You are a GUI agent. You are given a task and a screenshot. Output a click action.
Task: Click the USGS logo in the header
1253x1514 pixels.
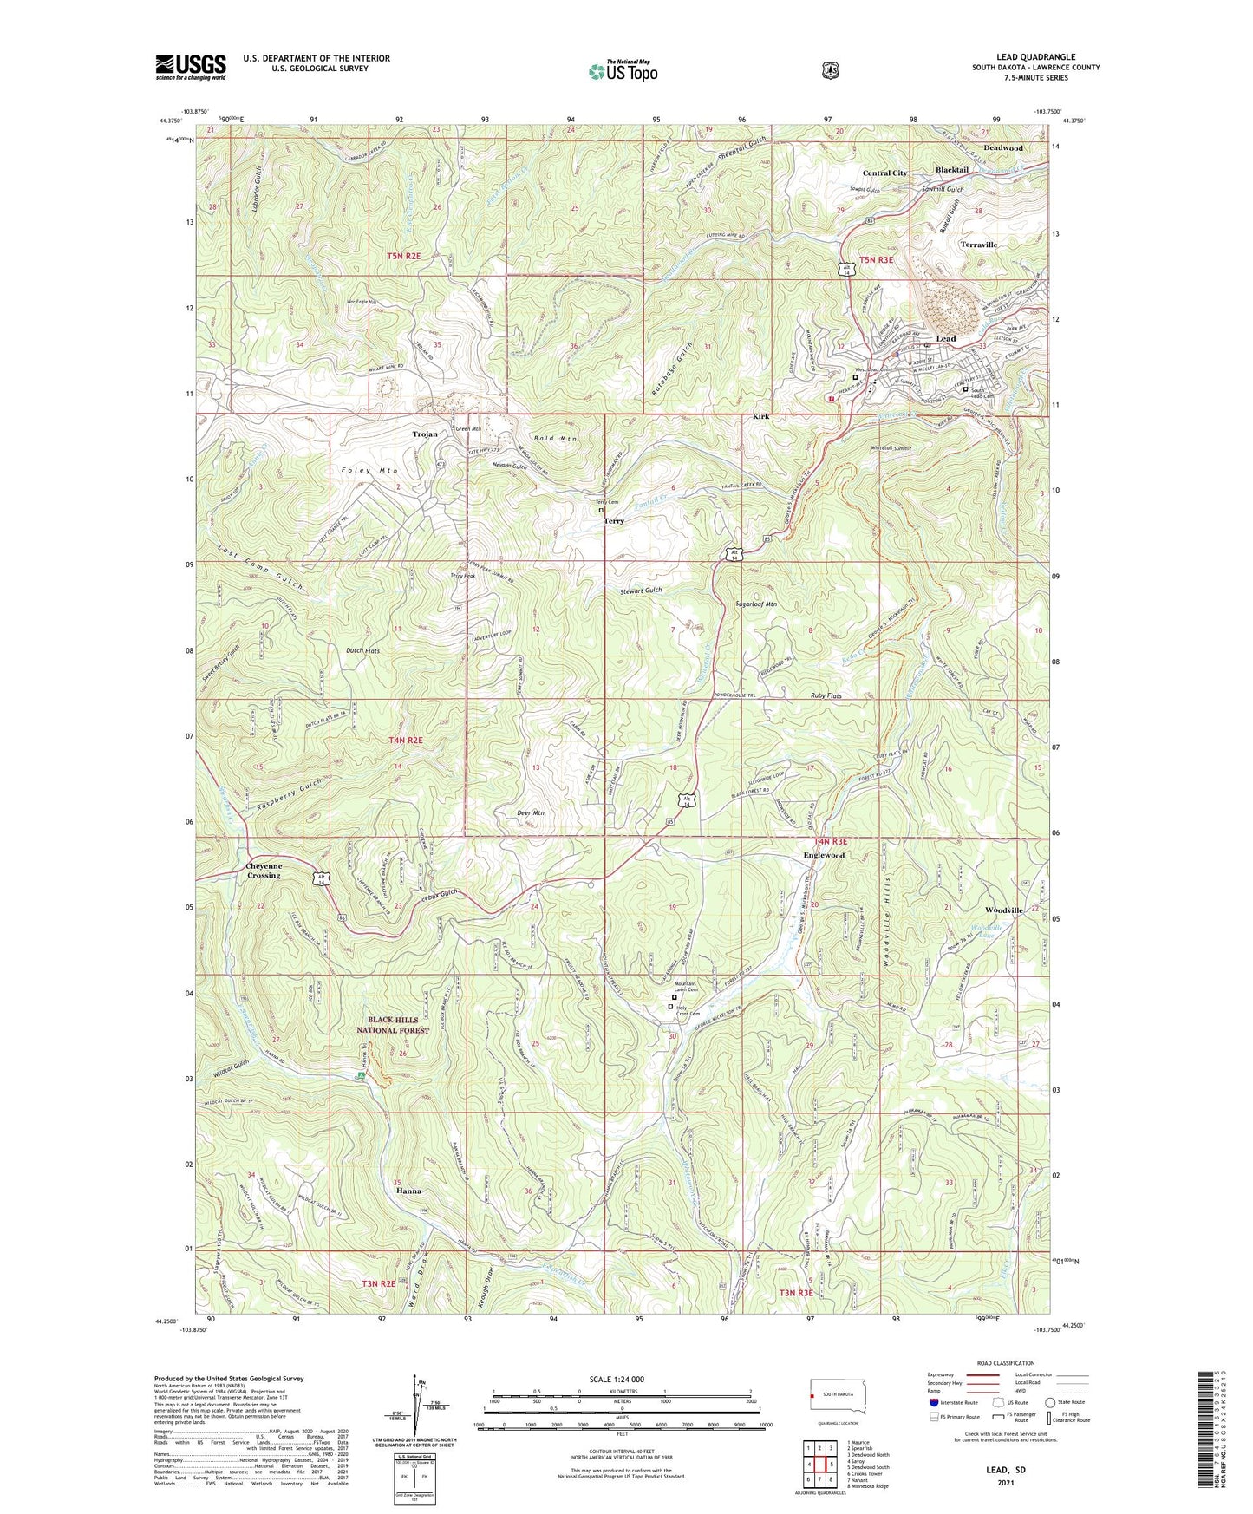(x=191, y=66)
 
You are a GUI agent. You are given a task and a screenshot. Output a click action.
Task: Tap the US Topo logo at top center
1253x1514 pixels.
(x=623, y=71)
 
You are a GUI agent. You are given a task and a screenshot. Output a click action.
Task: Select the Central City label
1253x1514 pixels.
(x=884, y=173)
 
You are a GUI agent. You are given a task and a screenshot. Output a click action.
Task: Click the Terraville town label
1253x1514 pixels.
(x=979, y=245)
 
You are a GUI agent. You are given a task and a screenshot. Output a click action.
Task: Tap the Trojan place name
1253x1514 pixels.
(x=425, y=434)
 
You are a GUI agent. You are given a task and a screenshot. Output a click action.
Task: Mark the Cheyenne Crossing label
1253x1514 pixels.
(x=264, y=871)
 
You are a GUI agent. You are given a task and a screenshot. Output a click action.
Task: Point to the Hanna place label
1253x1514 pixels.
(x=408, y=1191)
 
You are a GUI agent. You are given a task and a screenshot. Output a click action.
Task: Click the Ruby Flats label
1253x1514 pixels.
(x=826, y=695)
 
